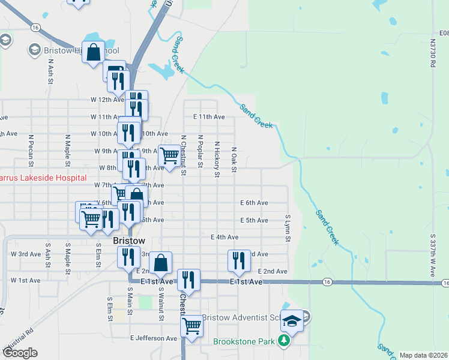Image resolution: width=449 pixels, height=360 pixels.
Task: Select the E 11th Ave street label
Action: pos(209,117)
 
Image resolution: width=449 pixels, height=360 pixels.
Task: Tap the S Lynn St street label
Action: pos(288,229)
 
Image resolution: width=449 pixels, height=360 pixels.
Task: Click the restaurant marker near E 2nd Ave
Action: pos(239,260)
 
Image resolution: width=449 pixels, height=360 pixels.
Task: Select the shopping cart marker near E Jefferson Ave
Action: pos(191,326)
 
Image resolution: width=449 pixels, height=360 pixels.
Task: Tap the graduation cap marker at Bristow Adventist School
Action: pos(292,320)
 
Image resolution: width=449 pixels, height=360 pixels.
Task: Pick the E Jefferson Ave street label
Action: pos(154,338)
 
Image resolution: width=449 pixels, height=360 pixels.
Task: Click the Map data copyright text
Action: pos(423,355)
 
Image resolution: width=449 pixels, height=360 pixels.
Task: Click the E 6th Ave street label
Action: pos(254,203)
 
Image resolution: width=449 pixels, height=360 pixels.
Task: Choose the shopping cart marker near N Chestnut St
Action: pos(169,156)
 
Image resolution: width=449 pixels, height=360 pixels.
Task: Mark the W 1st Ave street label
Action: pos(25,280)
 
